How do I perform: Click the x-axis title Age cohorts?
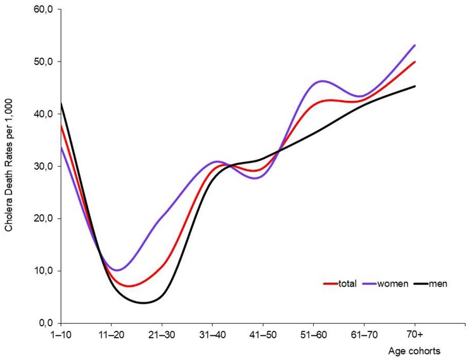(x=416, y=349)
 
